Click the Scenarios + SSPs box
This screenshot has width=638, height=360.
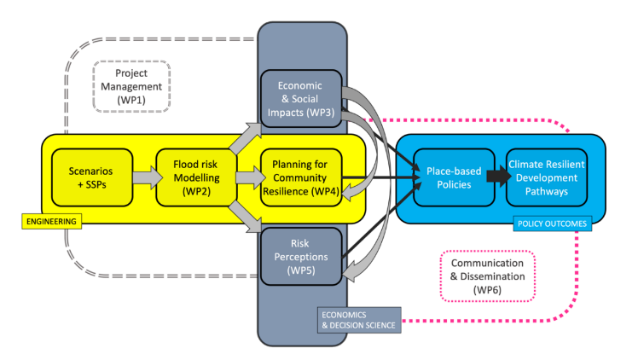(90, 177)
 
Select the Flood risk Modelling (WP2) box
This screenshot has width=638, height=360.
(195, 177)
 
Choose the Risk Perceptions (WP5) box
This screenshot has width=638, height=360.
(302, 256)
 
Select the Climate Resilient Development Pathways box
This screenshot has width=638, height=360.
(547, 177)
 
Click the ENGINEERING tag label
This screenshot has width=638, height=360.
(49, 222)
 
